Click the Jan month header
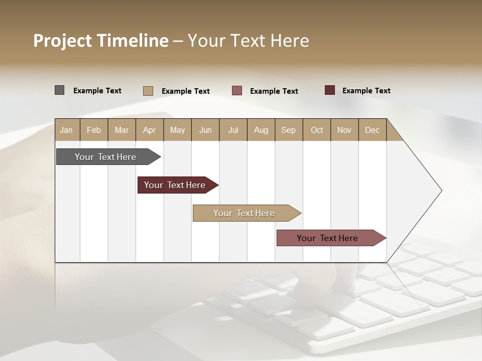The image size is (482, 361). click(x=67, y=130)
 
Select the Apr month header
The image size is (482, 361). click(x=150, y=130)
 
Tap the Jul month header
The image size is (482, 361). click(x=233, y=130)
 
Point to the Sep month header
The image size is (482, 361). click(x=289, y=130)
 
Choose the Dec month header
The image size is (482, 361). click(x=372, y=130)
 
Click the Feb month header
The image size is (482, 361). click(x=94, y=130)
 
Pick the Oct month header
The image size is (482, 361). click(x=317, y=130)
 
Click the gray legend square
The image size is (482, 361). click(x=59, y=90)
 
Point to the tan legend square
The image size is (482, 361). click(x=148, y=91)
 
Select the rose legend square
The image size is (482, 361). click(x=237, y=91)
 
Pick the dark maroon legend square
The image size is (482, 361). click(x=330, y=90)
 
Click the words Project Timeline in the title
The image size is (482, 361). click(x=100, y=41)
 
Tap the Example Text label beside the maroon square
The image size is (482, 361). click(x=366, y=91)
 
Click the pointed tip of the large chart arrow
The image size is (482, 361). click(x=440, y=191)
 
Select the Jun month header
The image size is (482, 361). click(x=205, y=130)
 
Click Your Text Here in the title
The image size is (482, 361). click(x=248, y=41)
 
